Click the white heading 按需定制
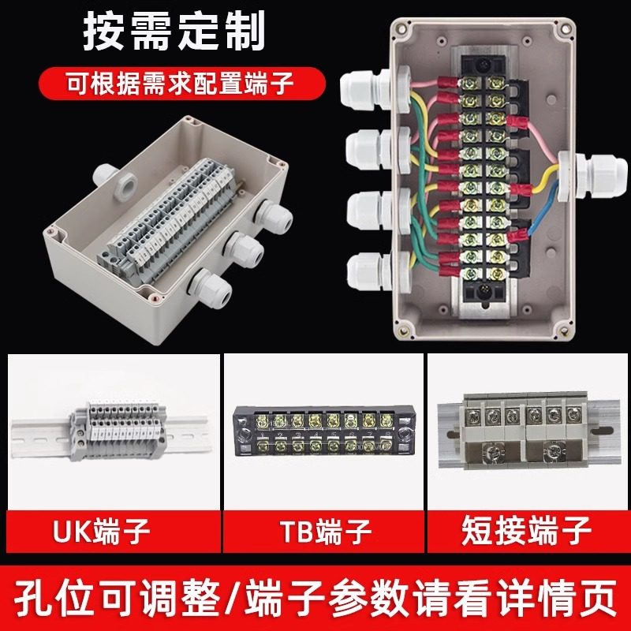click(174, 34)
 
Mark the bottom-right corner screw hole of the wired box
click(562, 326)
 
